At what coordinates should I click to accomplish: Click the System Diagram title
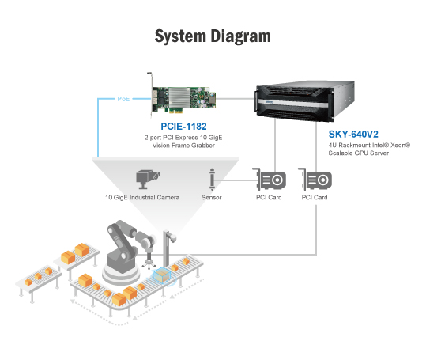pyautogui.click(x=213, y=36)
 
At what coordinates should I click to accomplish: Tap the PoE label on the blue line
pyautogui.click(x=123, y=99)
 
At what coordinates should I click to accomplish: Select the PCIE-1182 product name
pyautogui.click(x=183, y=127)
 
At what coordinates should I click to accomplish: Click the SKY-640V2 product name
pyautogui.click(x=353, y=135)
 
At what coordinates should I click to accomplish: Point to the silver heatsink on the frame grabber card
pyautogui.click(x=179, y=97)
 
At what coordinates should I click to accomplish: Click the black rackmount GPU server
pyautogui.click(x=304, y=101)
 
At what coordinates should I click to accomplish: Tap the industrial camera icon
pyautogui.click(x=148, y=179)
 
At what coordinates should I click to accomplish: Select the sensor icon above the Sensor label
pyautogui.click(x=212, y=179)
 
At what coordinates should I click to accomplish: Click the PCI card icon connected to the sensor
pyautogui.click(x=270, y=179)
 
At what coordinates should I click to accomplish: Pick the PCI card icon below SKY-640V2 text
pyautogui.click(x=315, y=179)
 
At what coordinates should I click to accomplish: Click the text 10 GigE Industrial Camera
pyautogui.click(x=142, y=197)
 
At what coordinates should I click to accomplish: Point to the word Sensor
pyautogui.click(x=211, y=197)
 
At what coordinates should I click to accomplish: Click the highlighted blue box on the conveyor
pyautogui.click(x=162, y=275)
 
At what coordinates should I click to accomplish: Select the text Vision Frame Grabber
pyautogui.click(x=183, y=146)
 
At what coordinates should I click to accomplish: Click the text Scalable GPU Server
pyautogui.click(x=359, y=153)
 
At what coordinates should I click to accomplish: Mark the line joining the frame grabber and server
pyautogui.click(x=236, y=99)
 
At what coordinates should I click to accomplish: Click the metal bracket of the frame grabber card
pyautogui.click(x=150, y=95)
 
